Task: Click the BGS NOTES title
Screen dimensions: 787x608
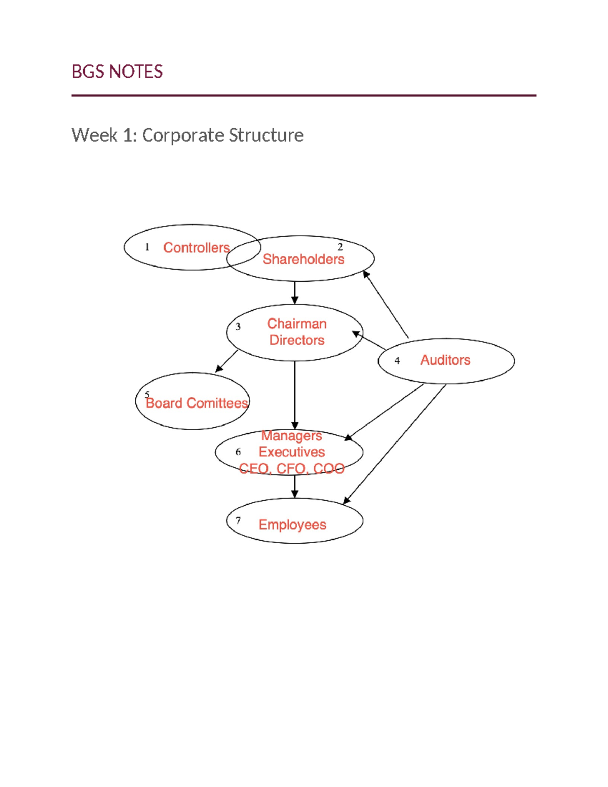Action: (117, 71)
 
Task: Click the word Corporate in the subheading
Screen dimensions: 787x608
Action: (183, 135)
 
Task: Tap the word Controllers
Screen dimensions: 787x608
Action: (196, 248)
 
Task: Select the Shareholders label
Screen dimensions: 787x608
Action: (303, 259)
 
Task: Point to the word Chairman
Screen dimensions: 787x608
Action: (297, 324)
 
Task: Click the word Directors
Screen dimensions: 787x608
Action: (297, 340)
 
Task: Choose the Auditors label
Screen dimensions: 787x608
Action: (445, 360)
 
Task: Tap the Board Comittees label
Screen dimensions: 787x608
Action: (197, 403)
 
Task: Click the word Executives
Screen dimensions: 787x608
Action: (292, 452)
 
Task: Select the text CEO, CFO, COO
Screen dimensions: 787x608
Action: (292, 469)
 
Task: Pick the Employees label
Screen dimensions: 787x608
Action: (292, 524)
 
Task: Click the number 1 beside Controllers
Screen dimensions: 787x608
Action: (147, 247)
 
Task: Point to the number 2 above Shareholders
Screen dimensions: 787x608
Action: (340, 247)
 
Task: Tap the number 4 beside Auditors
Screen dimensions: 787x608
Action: (397, 361)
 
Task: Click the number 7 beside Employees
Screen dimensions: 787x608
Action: (238, 521)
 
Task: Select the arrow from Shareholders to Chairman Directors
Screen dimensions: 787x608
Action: (295, 292)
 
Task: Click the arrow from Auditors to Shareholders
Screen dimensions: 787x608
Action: (386, 305)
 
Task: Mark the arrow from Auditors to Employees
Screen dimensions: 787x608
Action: (395, 444)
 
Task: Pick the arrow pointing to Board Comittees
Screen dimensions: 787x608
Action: (226, 361)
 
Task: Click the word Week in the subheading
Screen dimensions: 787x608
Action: (95, 135)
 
